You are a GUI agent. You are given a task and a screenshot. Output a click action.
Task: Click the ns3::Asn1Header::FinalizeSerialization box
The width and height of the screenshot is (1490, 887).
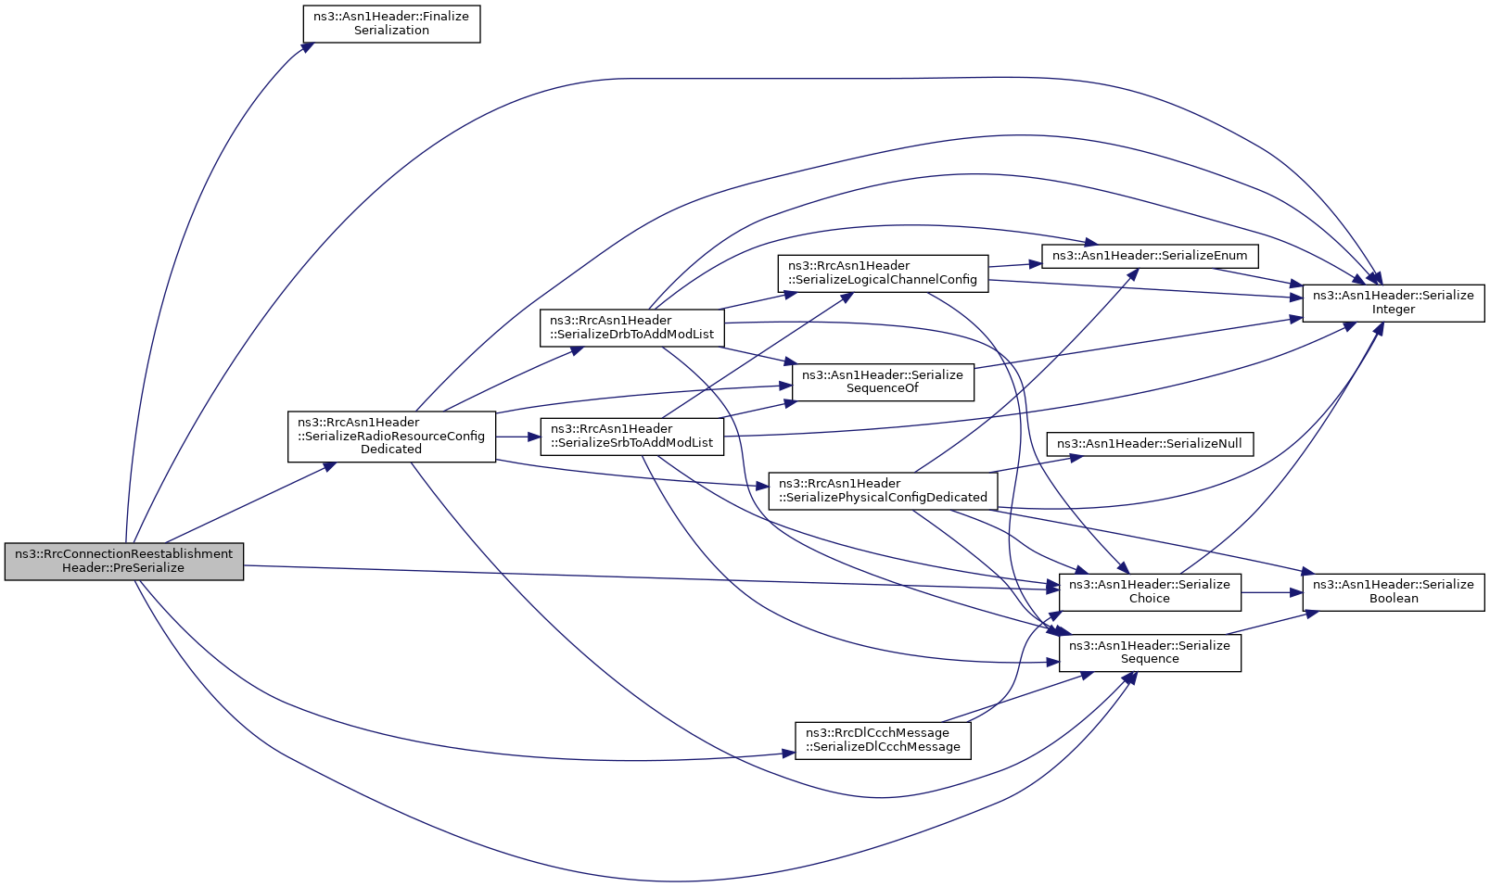pyautogui.click(x=391, y=24)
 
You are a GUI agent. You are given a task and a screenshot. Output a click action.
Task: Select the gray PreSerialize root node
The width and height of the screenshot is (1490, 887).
pyautogui.click(x=123, y=561)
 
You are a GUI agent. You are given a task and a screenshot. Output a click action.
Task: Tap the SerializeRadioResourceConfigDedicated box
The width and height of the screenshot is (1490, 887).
pyautogui.click(x=391, y=437)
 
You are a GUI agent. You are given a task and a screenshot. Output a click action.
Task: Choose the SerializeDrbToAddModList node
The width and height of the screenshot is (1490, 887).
pyautogui.click(x=631, y=328)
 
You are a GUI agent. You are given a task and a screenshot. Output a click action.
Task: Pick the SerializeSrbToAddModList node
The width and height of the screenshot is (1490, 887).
pyautogui.click(x=631, y=437)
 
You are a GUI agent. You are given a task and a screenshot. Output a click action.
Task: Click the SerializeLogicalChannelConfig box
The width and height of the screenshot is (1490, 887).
pyautogui.click(x=883, y=273)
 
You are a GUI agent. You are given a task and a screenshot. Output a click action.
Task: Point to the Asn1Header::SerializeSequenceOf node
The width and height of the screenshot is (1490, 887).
pyautogui.click(x=883, y=382)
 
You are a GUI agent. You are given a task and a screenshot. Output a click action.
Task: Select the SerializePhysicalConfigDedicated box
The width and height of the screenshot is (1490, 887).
pyautogui.click(x=883, y=490)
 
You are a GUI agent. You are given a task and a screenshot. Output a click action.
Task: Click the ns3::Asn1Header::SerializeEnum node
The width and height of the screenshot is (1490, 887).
pyautogui.click(x=1150, y=256)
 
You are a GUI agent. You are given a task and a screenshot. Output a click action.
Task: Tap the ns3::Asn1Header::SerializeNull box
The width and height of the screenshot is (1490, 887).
pyautogui.click(x=1150, y=443)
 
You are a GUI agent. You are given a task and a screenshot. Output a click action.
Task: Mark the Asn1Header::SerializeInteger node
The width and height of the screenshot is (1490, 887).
pyautogui.click(x=1393, y=303)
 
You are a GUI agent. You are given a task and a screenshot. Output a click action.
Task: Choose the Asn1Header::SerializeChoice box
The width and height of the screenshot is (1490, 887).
pyautogui.click(x=1150, y=591)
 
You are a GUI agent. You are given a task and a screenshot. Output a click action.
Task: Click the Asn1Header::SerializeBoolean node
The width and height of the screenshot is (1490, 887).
pyautogui.click(x=1393, y=591)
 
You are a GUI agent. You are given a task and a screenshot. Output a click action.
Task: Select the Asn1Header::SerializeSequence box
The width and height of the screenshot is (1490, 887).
pyautogui.click(x=1150, y=653)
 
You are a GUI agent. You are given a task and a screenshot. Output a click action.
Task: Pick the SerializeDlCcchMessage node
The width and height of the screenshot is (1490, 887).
pyautogui.click(x=883, y=740)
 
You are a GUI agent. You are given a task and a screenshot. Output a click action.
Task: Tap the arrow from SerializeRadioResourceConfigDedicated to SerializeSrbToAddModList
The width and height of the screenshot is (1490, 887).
pyautogui.click(x=518, y=437)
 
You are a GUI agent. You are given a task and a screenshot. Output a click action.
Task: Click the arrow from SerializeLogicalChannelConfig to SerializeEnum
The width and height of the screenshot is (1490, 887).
pyautogui.click(x=1015, y=265)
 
